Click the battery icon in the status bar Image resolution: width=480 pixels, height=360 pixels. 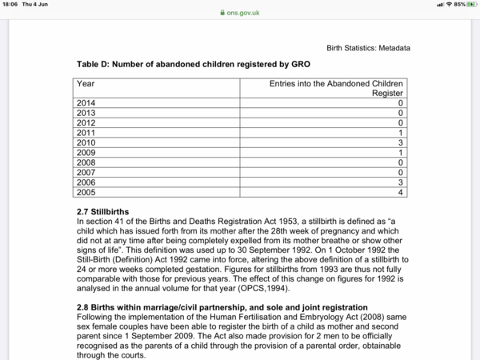pos(470,4)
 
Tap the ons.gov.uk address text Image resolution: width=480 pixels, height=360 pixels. pos(243,13)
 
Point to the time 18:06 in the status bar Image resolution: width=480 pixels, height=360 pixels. pos(10,4)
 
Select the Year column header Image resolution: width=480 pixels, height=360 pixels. pos(85,82)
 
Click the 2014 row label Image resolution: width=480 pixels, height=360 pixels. pos(86,103)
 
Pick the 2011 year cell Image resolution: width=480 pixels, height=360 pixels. pos(86,132)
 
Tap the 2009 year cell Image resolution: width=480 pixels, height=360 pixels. pos(86,151)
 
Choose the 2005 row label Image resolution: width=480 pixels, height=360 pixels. pos(86,191)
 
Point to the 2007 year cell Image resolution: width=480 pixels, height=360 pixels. pos(86,171)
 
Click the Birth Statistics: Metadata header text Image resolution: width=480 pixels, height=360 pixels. pos(368,48)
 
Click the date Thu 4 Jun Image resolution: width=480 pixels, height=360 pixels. pos(35,4)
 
